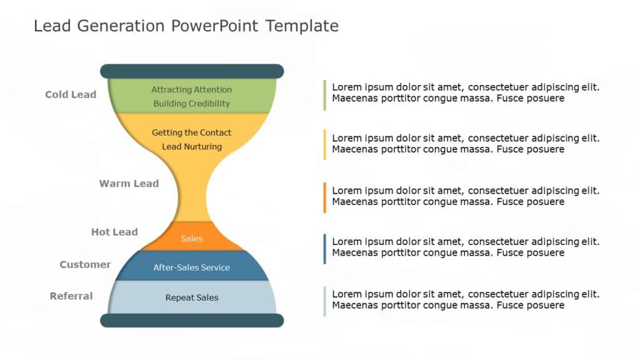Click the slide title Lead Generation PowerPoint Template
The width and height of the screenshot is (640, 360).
click(186, 26)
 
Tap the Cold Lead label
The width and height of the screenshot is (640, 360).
click(71, 94)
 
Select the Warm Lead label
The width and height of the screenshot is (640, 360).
click(129, 183)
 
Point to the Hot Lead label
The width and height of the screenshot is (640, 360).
click(114, 232)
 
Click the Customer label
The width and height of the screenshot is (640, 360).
click(85, 264)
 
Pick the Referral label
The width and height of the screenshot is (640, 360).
click(71, 296)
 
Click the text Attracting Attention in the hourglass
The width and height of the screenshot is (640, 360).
click(191, 89)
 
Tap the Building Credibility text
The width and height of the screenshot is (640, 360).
click(191, 104)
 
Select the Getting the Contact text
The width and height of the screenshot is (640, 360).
click(191, 132)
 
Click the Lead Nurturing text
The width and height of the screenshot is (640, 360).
click(191, 146)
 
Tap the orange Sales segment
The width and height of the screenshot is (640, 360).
click(191, 238)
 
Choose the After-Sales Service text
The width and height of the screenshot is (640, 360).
click(191, 267)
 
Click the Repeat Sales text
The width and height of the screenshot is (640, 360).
click(191, 297)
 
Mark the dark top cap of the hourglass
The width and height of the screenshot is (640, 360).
click(191, 71)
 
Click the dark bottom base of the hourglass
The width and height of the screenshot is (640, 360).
click(191, 321)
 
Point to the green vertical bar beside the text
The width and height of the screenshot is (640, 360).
click(324, 95)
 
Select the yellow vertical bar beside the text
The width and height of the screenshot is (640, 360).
click(324, 144)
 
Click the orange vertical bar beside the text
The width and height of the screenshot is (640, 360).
click(324, 197)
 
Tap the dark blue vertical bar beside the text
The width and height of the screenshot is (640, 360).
click(324, 248)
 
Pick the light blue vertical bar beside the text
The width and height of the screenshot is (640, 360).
click(324, 301)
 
